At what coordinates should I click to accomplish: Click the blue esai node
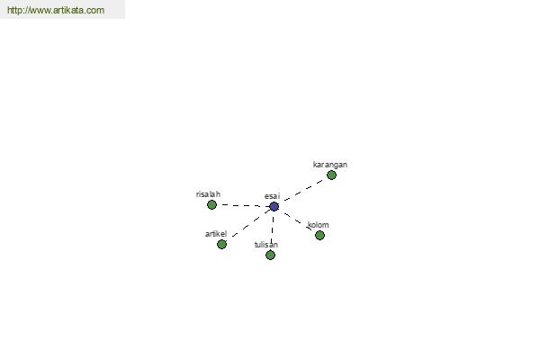point(274,207)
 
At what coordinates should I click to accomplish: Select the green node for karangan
point(331,175)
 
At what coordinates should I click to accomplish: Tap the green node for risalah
point(211,204)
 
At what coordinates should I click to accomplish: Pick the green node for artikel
point(221,244)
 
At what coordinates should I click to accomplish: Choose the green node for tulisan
point(270,255)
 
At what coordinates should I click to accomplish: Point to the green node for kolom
point(319,235)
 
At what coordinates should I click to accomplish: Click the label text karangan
point(330,165)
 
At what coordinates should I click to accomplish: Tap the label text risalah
point(208,194)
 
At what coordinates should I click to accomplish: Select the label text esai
point(272,196)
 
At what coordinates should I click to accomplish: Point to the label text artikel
point(216,234)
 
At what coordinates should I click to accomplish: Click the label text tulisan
point(266,245)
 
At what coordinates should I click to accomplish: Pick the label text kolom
point(318,225)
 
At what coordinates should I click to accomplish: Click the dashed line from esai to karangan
point(304,190)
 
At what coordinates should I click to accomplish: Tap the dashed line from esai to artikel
point(251,223)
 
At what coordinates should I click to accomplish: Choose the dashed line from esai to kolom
point(298,221)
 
